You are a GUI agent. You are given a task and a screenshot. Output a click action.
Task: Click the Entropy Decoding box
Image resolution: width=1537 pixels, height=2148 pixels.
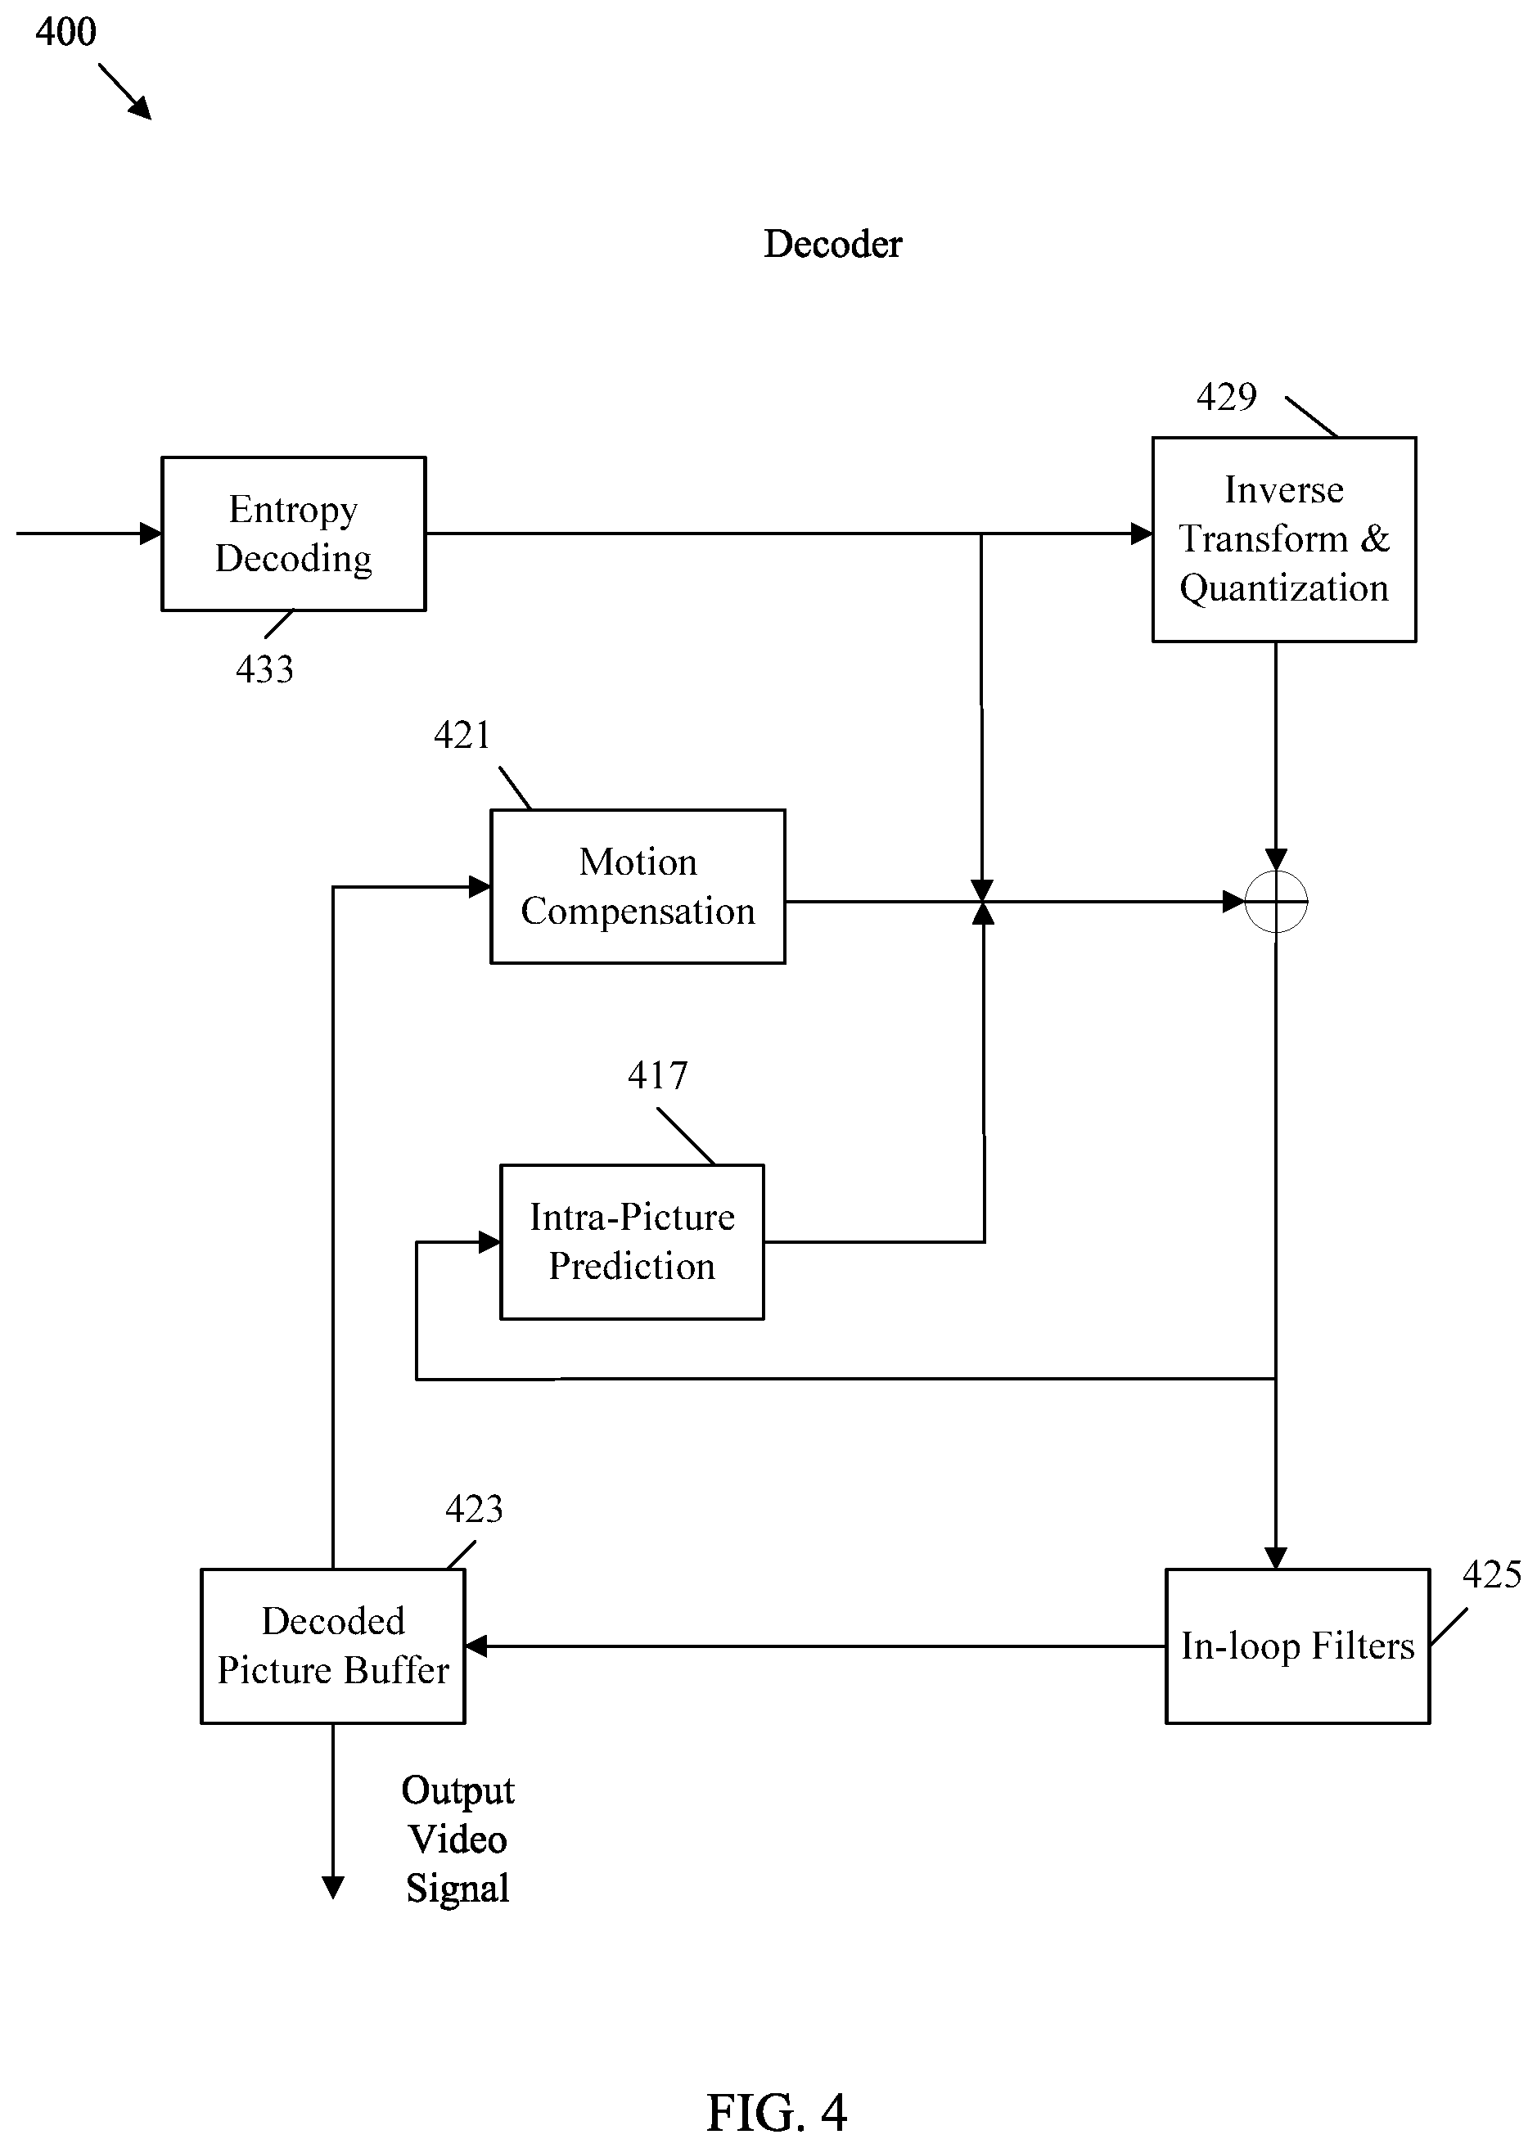[x=293, y=534]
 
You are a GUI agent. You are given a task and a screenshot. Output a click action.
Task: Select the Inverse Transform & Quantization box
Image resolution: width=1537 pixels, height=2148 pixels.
[x=1284, y=539]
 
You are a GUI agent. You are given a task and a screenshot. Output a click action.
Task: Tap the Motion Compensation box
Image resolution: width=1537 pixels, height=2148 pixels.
[x=638, y=887]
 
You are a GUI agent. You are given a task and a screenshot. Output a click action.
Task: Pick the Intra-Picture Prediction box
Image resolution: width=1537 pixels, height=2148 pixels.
[x=632, y=1241]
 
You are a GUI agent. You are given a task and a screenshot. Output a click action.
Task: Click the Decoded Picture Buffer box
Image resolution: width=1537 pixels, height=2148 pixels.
[x=333, y=1646]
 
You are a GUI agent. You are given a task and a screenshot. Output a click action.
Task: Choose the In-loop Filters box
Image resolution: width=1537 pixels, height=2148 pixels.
[x=1297, y=1646]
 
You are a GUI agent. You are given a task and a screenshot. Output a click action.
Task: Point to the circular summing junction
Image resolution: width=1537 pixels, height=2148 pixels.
[x=1276, y=902]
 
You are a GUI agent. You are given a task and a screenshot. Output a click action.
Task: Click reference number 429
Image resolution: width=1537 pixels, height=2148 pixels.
[x=1227, y=397]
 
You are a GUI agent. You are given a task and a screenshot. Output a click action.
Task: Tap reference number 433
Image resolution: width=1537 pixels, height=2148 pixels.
[x=265, y=670]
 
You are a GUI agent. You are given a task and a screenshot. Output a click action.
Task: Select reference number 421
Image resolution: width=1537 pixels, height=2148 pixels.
[x=462, y=736]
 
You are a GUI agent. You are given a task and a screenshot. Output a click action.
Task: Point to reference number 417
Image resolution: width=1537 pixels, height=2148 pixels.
[x=658, y=1076]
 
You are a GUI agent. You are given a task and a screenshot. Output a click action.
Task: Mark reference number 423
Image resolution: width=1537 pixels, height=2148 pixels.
[x=474, y=1509]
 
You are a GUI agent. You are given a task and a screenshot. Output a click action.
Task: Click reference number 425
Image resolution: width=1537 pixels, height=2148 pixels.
[x=1491, y=1574]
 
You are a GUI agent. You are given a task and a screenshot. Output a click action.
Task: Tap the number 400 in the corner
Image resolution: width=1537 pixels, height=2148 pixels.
[x=66, y=32]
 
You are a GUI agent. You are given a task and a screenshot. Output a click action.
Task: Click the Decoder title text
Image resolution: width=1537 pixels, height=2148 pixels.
[x=833, y=244]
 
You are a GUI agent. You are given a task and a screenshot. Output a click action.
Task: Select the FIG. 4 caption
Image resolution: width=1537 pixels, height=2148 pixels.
[x=777, y=2113]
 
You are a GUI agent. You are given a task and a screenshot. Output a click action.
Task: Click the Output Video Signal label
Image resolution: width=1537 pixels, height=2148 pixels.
[x=458, y=1839]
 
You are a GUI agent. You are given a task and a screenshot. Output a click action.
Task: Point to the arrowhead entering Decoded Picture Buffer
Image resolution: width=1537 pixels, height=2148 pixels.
[x=476, y=1646]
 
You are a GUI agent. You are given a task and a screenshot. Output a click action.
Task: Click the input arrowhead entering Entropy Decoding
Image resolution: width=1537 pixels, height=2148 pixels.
[x=151, y=534]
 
